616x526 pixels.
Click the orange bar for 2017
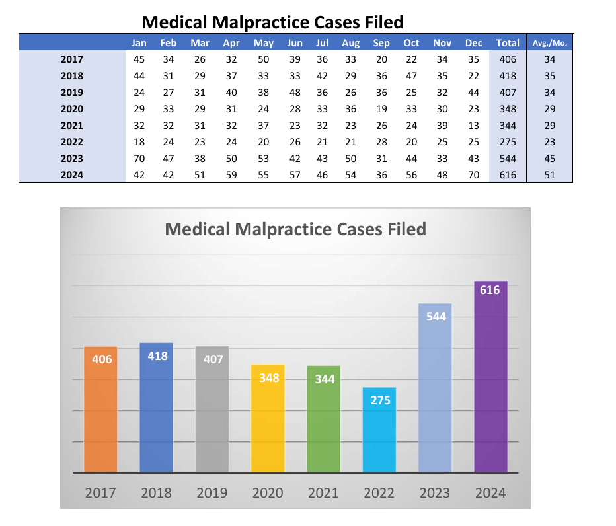(x=100, y=410)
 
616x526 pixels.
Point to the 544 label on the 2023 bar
(x=436, y=317)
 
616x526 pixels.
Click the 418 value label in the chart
(x=157, y=356)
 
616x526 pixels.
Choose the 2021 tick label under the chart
(x=324, y=493)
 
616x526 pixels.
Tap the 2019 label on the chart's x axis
(x=212, y=493)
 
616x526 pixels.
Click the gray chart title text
(x=295, y=229)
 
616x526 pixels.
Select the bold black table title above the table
(x=272, y=22)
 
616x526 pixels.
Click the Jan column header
(x=139, y=43)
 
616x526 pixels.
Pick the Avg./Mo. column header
(x=550, y=43)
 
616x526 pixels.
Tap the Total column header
(x=508, y=43)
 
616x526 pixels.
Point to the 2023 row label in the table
(x=72, y=159)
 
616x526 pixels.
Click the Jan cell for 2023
(x=139, y=159)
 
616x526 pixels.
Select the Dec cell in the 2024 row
(x=473, y=175)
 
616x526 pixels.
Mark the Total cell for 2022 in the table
(x=508, y=142)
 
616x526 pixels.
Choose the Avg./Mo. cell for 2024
(x=550, y=175)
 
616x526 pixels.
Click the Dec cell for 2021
(x=473, y=126)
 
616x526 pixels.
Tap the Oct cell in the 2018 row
(x=411, y=76)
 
